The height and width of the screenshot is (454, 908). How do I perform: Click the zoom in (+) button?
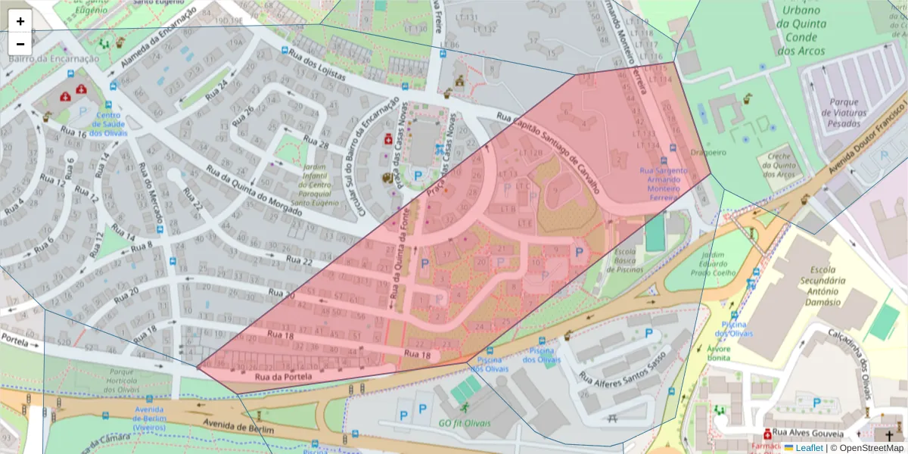[20, 21]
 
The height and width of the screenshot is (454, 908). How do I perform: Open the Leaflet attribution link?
[809, 447]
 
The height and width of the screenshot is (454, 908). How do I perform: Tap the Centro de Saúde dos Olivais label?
[109, 125]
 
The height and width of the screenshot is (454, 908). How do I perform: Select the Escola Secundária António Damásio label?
[822, 285]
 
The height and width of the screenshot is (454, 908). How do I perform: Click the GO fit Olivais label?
[465, 423]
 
